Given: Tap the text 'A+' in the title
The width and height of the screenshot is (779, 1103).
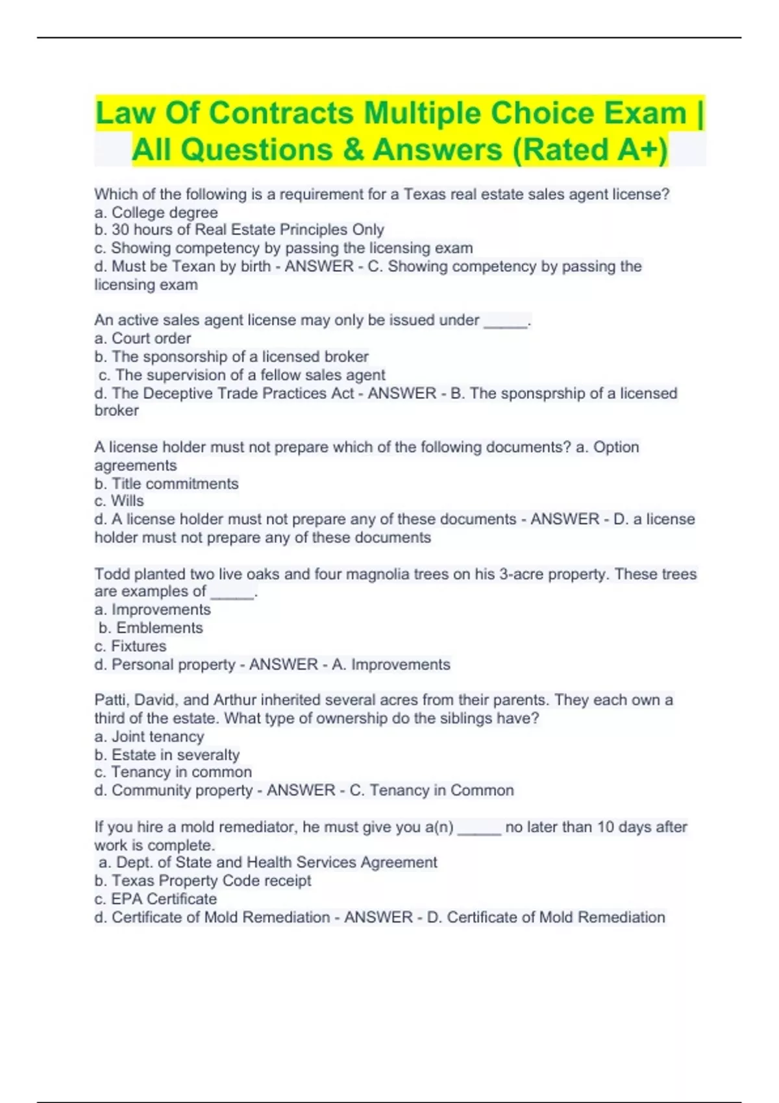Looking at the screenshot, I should click(x=637, y=149).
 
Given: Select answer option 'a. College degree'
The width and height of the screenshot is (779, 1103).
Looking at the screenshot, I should click(x=156, y=212).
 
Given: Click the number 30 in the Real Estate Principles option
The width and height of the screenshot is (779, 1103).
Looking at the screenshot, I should click(x=120, y=230).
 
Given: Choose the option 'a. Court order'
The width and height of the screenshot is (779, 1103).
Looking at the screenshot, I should click(x=143, y=338).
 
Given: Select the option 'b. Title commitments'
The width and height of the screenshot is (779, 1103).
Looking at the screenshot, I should click(x=167, y=483).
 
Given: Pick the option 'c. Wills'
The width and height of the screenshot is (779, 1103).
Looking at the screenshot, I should click(x=119, y=501).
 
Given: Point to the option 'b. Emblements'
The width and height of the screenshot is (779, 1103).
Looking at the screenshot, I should click(x=151, y=627).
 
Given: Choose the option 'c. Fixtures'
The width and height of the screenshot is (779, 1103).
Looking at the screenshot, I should click(x=130, y=646).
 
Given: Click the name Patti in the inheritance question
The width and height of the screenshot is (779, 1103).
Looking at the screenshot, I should click(x=110, y=700).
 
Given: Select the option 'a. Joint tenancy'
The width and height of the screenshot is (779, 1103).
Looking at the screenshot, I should click(x=149, y=736).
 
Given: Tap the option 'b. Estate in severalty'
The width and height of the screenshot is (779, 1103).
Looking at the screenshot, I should click(x=167, y=755).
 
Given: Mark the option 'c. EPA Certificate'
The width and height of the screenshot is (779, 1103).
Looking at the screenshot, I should click(x=156, y=899).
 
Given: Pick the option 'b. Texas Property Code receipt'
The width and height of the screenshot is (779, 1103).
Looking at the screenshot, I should click(x=203, y=880).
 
